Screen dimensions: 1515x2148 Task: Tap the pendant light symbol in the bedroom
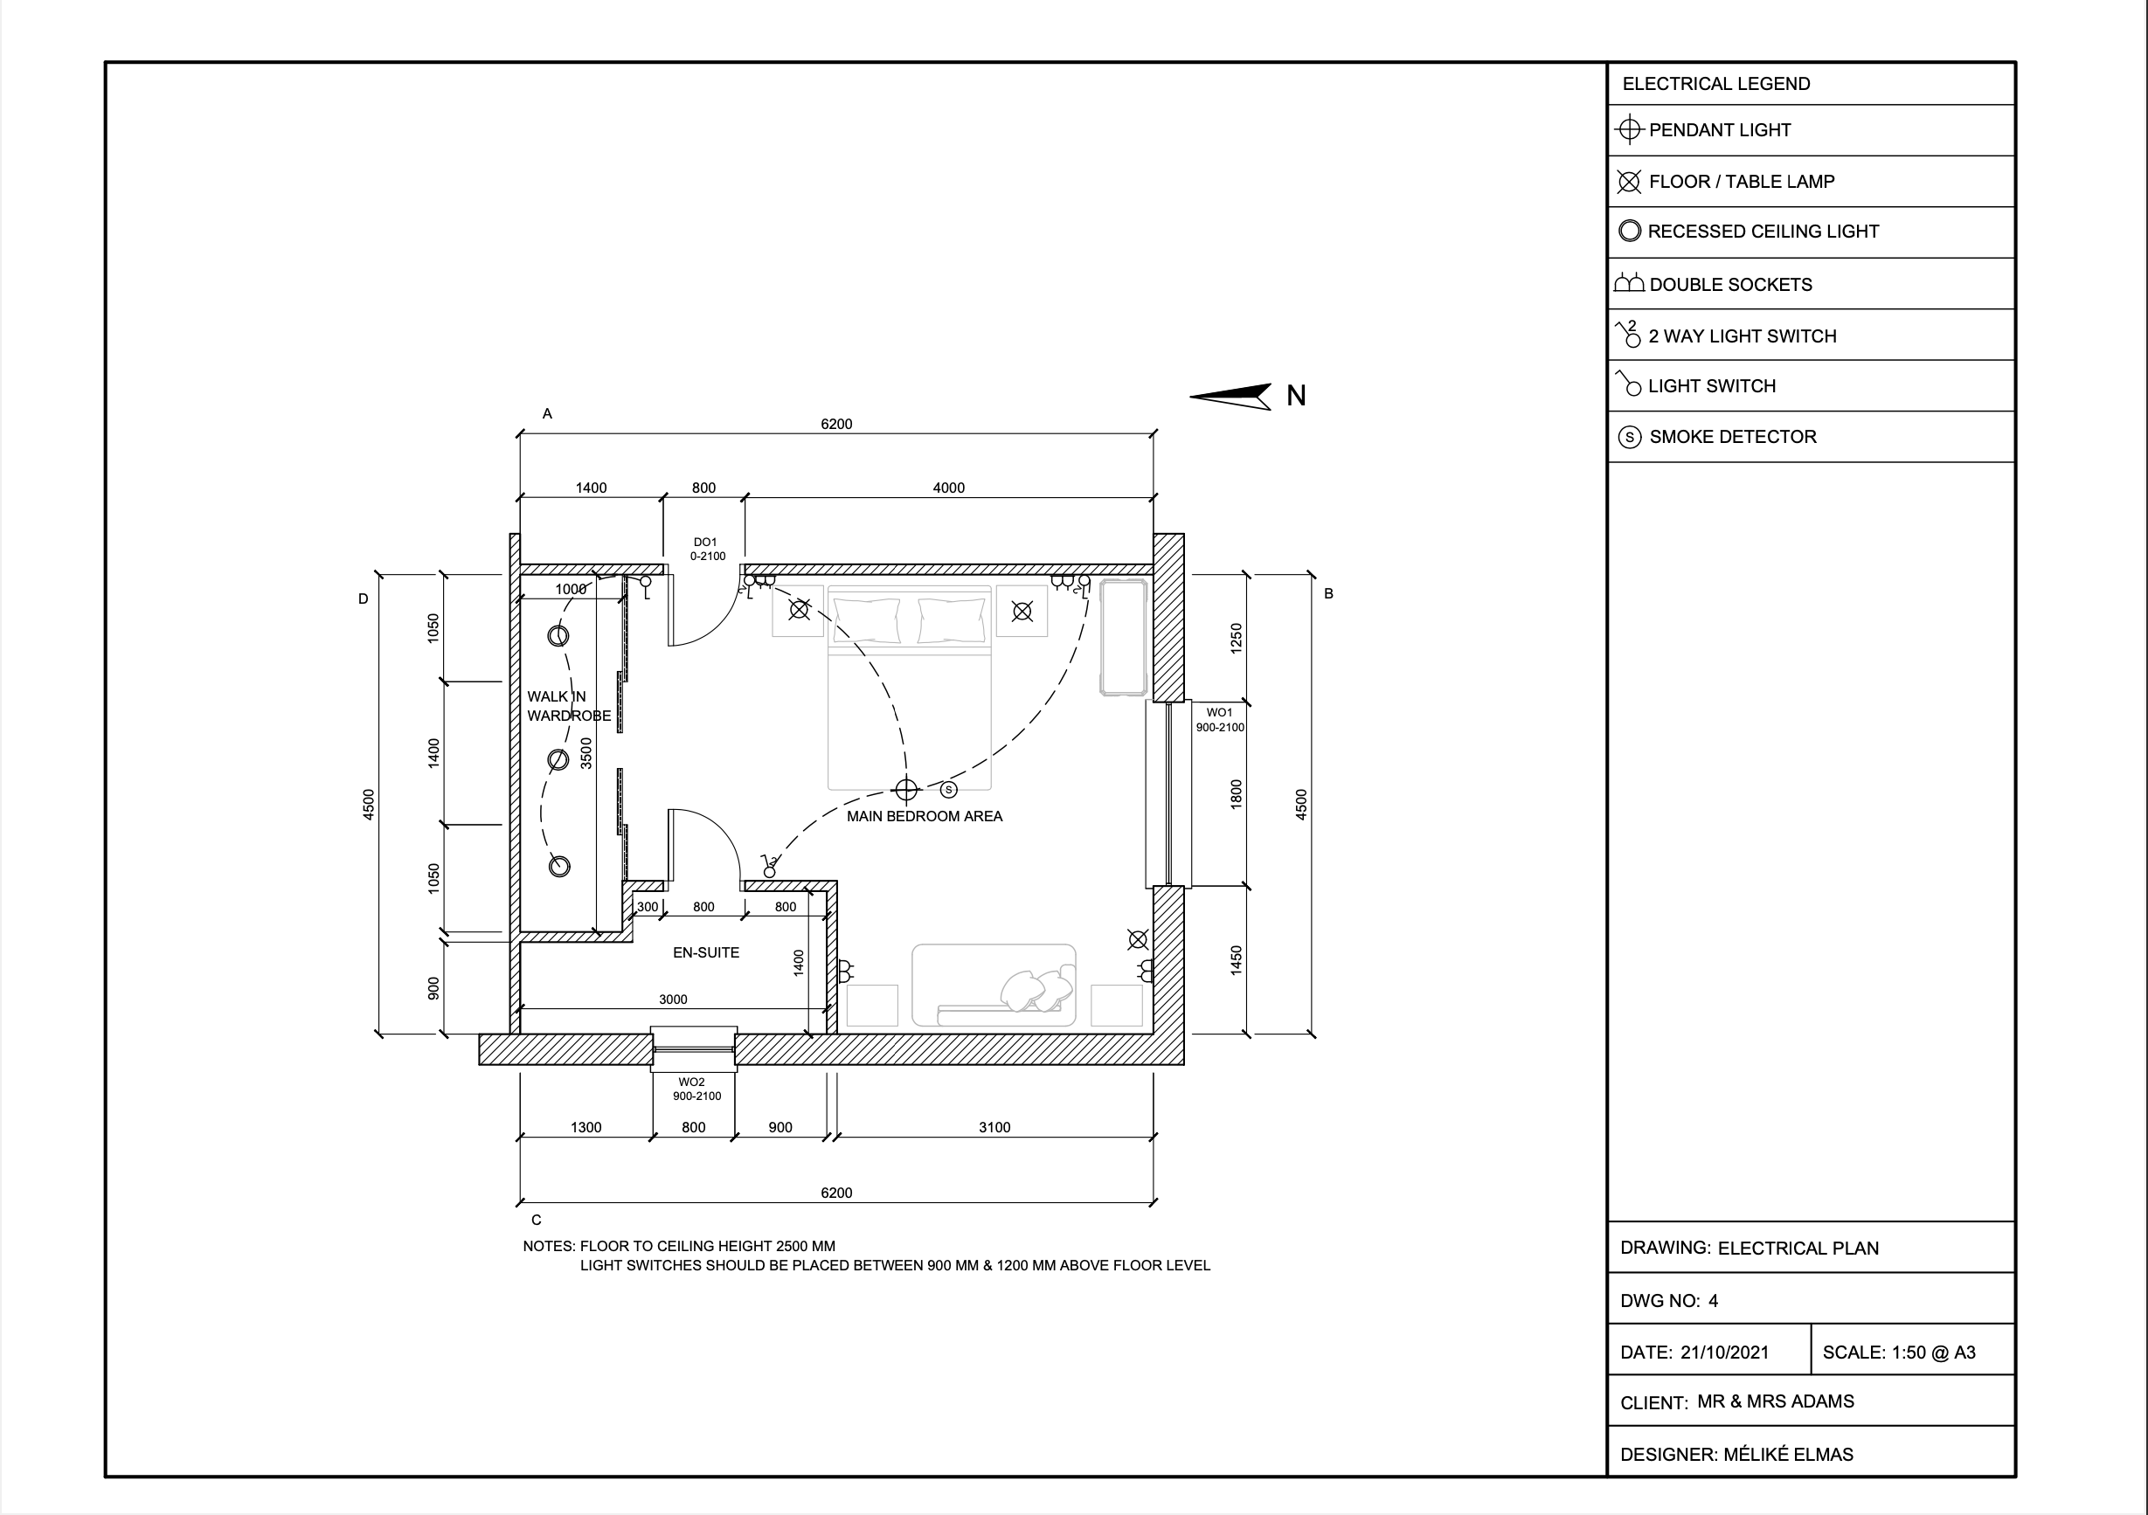click(x=905, y=790)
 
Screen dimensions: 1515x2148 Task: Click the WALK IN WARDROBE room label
click(x=568, y=706)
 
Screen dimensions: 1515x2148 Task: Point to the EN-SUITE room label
click(x=705, y=953)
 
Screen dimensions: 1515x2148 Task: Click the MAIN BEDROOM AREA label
click(x=924, y=816)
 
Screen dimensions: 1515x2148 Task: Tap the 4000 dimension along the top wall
click(x=947, y=488)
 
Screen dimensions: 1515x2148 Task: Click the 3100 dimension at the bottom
click(x=994, y=1128)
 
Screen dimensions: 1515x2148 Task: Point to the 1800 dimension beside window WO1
click(x=1236, y=794)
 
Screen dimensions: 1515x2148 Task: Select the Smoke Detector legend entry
click(x=1732, y=437)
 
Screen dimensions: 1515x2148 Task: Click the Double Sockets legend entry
click(x=1729, y=284)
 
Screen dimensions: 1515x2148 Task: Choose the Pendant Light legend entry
click(x=1719, y=130)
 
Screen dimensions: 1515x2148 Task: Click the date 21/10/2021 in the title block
click(x=1724, y=1352)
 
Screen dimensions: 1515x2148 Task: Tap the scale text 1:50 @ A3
click(x=1933, y=1352)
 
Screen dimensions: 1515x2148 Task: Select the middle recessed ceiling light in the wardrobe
click(x=558, y=759)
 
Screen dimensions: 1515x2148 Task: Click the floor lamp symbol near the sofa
click(x=1138, y=940)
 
